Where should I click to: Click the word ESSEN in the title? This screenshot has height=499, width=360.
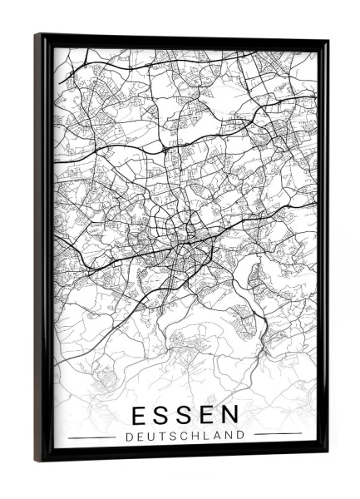185,414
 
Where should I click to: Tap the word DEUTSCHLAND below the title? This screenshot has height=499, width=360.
185,434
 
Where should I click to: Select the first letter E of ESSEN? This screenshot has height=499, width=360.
141,414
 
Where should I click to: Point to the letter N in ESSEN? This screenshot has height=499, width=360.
229,414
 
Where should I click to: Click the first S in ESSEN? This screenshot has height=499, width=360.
162,414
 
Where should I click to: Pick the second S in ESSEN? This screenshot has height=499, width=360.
185,414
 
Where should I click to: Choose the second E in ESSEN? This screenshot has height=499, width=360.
206,414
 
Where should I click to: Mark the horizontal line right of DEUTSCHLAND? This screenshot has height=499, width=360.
278,434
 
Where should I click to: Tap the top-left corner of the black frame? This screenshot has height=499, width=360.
37,35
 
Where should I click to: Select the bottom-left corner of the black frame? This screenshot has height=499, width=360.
37,460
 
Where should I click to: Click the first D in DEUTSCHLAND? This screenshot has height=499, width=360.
128,434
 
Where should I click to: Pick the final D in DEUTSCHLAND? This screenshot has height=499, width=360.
241,434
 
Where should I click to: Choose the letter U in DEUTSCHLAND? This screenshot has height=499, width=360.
150,434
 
